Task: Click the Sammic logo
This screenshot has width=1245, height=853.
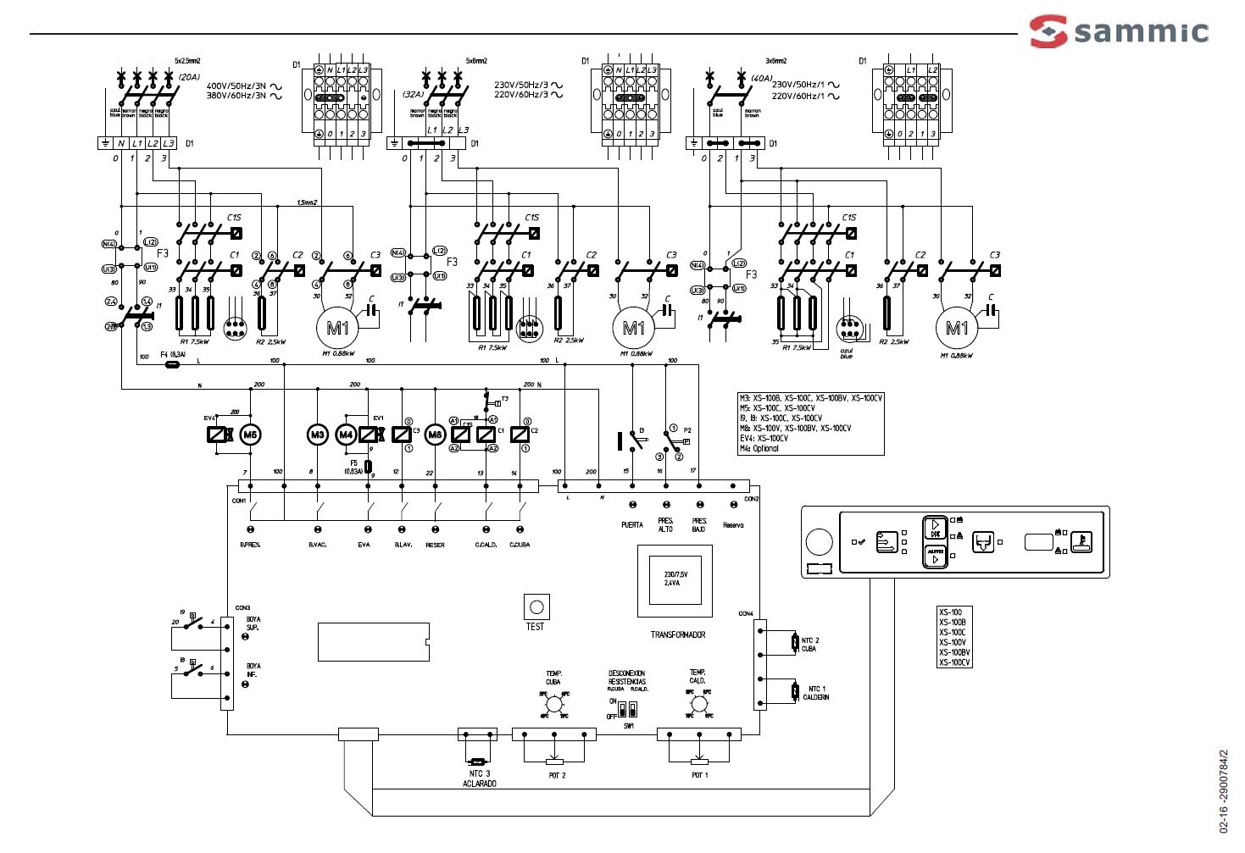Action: click(x=1119, y=31)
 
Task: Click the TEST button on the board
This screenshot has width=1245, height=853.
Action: click(x=536, y=607)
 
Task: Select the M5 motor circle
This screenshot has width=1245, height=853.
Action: click(x=250, y=435)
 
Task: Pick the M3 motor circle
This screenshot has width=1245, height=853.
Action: click(x=317, y=435)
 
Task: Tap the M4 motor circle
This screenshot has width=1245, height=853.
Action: click(x=346, y=435)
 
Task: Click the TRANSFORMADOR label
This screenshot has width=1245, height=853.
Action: click(x=677, y=634)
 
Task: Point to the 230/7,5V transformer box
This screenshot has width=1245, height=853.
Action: click(x=675, y=581)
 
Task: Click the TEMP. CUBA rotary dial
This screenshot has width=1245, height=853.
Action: click(x=553, y=704)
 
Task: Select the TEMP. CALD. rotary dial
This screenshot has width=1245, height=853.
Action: click(x=698, y=704)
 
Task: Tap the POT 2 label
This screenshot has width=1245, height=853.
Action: click(x=557, y=775)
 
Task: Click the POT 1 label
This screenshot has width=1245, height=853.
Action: click(x=699, y=775)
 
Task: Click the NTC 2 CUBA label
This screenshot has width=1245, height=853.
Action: click(x=810, y=645)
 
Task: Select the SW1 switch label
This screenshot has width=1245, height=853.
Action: click(x=628, y=726)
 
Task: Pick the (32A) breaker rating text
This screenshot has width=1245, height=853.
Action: click(x=413, y=95)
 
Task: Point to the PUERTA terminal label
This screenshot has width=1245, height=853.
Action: click(x=631, y=525)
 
